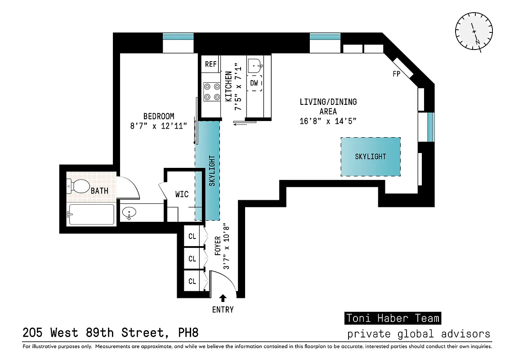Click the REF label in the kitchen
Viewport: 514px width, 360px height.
coord(211,64)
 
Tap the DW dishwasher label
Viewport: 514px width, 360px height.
coord(254,83)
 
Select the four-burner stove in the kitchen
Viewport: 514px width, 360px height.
coord(211,91)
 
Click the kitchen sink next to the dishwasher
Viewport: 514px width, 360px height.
coord(255,65)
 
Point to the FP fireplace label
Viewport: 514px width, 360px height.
coord(396,74)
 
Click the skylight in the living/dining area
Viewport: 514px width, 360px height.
coord(370,157)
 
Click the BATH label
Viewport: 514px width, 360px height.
coord(99,191)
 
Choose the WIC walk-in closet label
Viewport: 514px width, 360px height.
coord(182,194)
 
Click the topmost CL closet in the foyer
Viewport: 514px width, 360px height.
coord(192,236)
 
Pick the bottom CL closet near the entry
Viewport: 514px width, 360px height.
coord(192,281)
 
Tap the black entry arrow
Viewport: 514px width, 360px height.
coord(223,297)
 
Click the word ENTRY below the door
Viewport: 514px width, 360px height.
coord(223,310)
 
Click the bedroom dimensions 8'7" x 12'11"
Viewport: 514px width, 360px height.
coord(152,126)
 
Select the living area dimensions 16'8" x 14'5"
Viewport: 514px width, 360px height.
coord(328,121)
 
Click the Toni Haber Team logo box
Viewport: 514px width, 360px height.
coord(393,318)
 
